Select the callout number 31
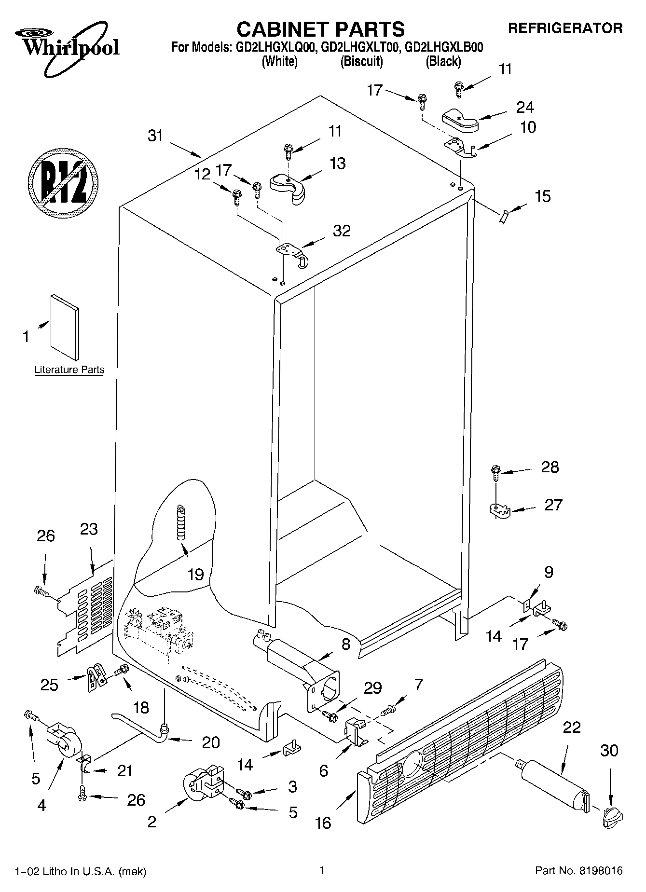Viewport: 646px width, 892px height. click(x=155, y=136)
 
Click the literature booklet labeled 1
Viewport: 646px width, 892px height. click(x=65, y=327)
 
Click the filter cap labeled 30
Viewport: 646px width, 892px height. click(x=612, y=817)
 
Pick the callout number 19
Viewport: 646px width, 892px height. click(x=195, y=574)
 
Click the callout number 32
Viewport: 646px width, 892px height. click(x=342, y=231)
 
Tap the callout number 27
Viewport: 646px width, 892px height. click(x=553, y=505)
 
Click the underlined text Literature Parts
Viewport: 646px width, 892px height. click(x=69, y=370)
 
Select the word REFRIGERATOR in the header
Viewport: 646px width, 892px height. click(x=565, y=28)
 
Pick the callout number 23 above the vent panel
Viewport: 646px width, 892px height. click(x=89, y=529)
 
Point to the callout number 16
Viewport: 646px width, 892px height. click(x=323, y=823)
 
